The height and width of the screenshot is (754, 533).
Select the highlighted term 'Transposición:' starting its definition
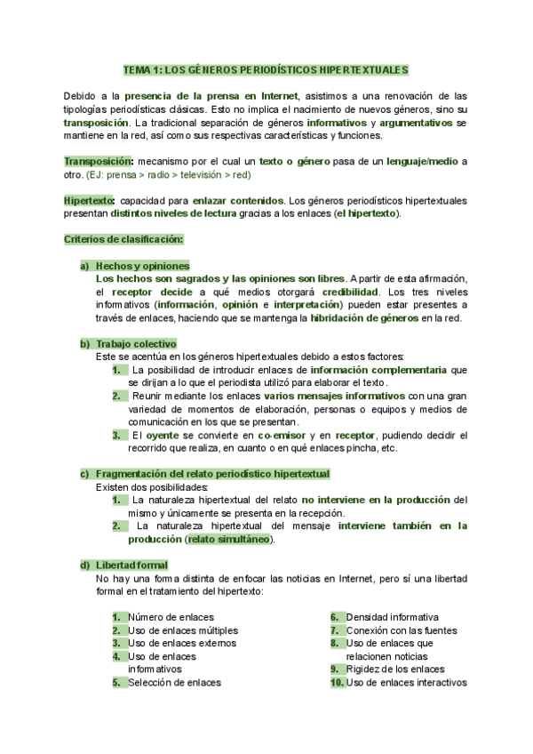click(99, 162)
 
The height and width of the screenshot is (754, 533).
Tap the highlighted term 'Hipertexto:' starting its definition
click(90, 201)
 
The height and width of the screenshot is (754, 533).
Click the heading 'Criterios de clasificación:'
click(123, 240)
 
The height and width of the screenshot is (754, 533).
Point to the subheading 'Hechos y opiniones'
click(142, 266)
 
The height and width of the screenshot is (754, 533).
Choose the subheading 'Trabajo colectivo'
click(136, 343)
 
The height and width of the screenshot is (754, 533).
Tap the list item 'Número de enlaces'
click(170, 617)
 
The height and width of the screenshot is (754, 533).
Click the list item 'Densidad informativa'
click(392, 617)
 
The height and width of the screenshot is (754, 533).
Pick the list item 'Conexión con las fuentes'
click(399, 630)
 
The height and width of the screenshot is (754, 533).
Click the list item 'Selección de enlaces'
click(174, 683)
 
